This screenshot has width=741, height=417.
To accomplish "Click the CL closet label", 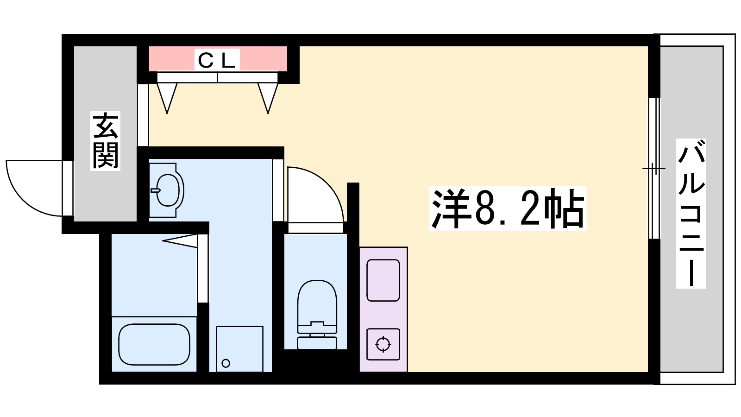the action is [217, 60].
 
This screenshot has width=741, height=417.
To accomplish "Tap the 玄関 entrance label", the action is [105, 141].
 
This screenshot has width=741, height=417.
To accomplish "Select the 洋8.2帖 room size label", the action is [508, 208].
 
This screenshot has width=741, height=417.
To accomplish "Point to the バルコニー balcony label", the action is [691, 214].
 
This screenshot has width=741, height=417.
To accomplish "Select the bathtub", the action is [154, 344].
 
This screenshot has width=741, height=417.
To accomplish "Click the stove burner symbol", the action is [383, 345].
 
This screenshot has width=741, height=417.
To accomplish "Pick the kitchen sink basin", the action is [383, 280].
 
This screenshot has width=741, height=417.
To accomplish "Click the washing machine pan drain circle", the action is [226, 363].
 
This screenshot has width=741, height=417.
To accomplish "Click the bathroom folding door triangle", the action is [180, 240].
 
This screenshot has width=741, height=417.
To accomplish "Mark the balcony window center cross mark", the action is [653, 169].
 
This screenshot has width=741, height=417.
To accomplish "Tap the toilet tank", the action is [317, 343].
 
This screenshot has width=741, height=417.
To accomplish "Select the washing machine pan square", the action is [239, 349].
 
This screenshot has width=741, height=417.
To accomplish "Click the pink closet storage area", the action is [218, 58].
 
